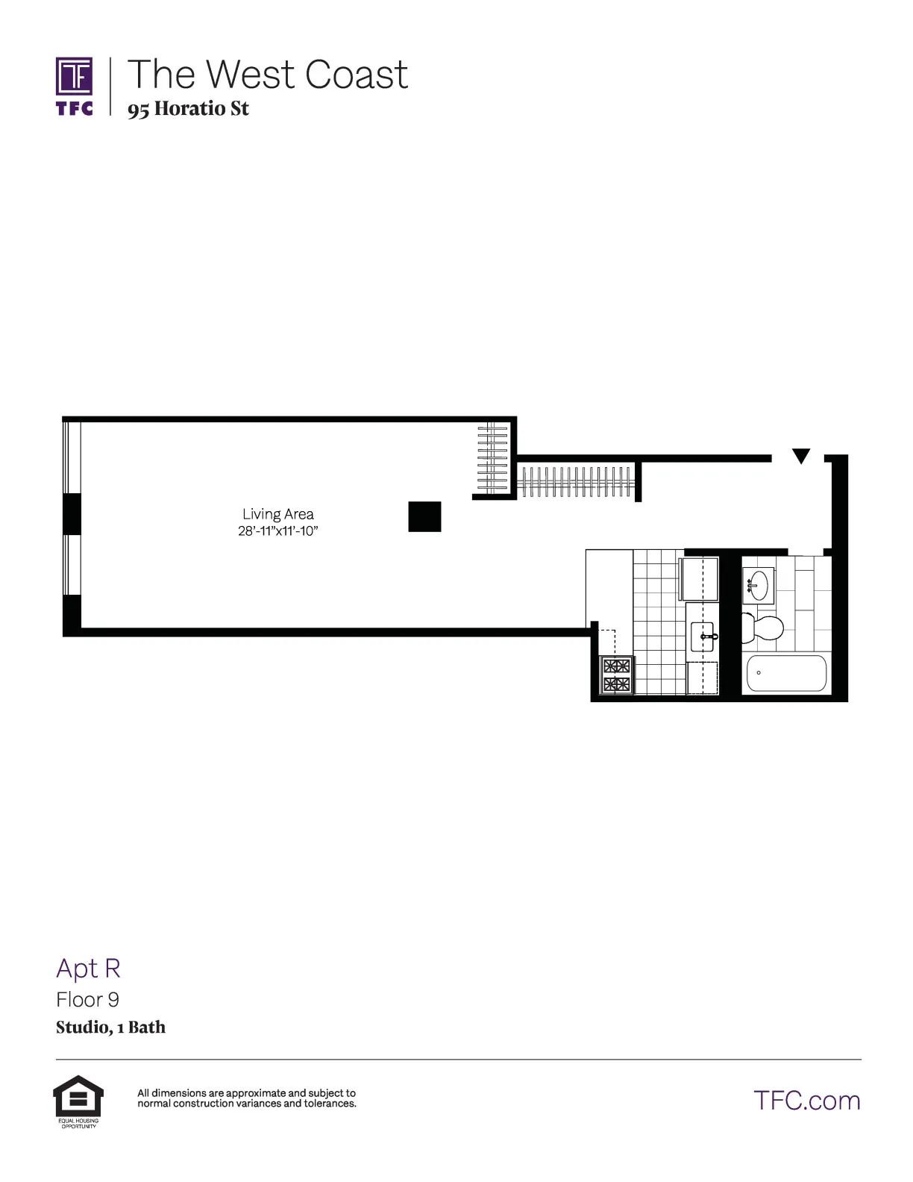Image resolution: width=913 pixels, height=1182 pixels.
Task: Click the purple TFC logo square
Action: [75, 76]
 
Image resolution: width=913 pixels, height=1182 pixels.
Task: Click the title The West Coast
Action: [268, 74]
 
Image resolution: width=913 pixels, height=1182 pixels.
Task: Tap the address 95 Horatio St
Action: [188, 109]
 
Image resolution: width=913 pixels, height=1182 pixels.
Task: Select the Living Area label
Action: [277, 514]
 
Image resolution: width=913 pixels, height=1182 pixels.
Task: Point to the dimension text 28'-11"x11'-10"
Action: [277, 531]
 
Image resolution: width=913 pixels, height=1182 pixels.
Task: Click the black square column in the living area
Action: [424, 516]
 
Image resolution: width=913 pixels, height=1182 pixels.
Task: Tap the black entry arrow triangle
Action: [800, 455]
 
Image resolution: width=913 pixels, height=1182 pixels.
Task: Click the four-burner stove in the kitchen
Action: [617, 675]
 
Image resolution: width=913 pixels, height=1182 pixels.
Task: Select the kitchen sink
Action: [703, 637]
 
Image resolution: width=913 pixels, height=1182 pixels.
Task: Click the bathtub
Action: [787, 673]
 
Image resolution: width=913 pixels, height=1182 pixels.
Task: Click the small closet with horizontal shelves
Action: [493, 459]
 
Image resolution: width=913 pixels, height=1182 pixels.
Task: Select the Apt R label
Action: [88, 968]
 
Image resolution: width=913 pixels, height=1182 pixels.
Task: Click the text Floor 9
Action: [87, 999]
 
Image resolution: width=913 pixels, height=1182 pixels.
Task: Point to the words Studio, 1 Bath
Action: [110, 1028]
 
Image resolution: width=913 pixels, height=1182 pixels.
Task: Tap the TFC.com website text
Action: [806, 1101]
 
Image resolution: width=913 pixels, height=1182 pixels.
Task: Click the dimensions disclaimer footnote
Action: [246, 1098]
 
